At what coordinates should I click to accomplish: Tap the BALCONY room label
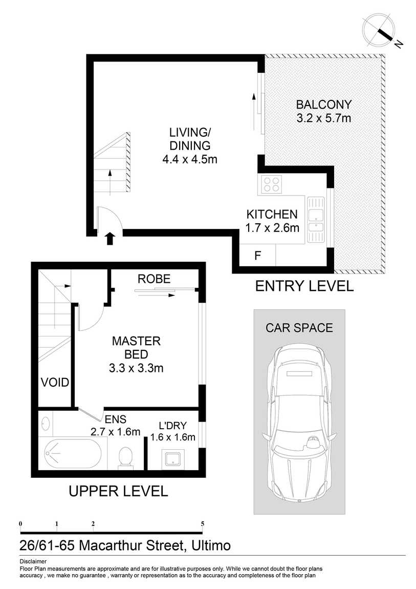tap(324, 104)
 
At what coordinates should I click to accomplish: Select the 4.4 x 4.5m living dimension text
tap(190, 159)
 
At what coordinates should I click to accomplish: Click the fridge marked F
tap(258, 256)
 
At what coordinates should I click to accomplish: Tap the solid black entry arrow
tap(110, 239)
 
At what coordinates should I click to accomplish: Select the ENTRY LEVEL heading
tap(304, 286)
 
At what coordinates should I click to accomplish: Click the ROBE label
tap(154, 279)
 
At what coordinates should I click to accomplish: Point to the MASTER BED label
tap(136, 347)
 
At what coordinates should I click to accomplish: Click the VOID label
tap(55, 383)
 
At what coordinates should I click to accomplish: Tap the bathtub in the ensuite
tap(73, 453)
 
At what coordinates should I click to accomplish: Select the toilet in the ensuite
tap(125, 458)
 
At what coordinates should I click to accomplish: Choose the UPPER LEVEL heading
tap(118, 491)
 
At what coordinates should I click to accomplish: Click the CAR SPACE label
tap(299, 328)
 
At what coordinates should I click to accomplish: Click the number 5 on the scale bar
tap(203, 524)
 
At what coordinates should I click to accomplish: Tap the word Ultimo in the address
tap(211, 545)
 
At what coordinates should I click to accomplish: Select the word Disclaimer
tap(33, 561)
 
